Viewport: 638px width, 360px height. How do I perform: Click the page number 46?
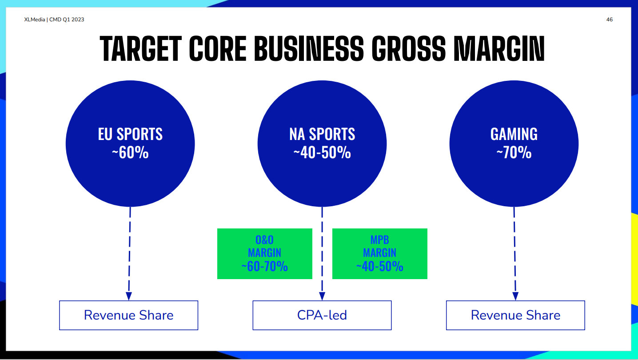pyautogui.click(x=609, y=20)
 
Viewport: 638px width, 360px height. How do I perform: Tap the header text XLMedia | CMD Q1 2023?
pyautogui.click(x=54, y=20)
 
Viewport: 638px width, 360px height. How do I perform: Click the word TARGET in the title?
pyautogui.click(x=141, y=48)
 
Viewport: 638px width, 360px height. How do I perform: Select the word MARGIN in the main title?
pyautogui.click(x=499, y=48)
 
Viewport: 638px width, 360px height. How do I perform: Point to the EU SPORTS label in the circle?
pyautogui.click(x=130, y=134)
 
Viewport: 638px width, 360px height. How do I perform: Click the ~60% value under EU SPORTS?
pyautogui.click(x=130, y=152)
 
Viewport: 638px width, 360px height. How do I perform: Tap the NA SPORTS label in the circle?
pyautogui.click(x=322, y=134)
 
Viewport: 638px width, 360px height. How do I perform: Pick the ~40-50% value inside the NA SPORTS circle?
pyautogui.click(x=322, y=152)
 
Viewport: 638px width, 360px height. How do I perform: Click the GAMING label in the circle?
pyautogui.click(x=514, y=134)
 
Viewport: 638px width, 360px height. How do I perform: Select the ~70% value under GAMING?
pyautogui.click(x=514, y=152)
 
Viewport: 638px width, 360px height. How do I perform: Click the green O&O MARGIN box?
pyautogui.click(x=265, y=254)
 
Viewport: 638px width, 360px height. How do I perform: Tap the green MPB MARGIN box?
pyautogui.click(x=380, y=254)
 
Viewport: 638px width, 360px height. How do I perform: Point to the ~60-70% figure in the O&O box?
pyautogui.click(x=265, y=266)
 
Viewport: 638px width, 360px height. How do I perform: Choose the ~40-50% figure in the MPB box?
pyautogui.click(x=380, y=266)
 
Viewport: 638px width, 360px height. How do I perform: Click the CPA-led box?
pyautogui.click(x=322, y=315)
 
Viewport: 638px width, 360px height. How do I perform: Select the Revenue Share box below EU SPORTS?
pyautogui.click(x=129, y=315)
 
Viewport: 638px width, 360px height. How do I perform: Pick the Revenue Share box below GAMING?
pyautogui.click(x=515, y=315)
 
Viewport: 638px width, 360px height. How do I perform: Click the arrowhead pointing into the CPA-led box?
pyautogui.click(x=322, y=296)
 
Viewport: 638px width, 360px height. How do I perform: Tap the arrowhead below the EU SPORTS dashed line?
pyautogui.click(x=129, y=296)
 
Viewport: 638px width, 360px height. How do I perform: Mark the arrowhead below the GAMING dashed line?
pyautogui.click(x=515, y=296)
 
